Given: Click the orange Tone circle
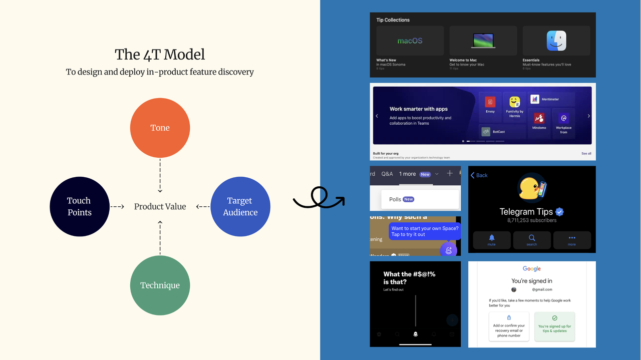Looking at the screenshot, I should point(160,128).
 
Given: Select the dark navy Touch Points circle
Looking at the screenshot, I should point(79,206).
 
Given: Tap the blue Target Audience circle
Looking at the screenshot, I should point(240,206).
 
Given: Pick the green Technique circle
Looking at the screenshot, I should point(160,285).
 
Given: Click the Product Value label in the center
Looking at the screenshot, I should point(160,206).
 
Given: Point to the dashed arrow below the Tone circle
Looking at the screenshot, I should point(160,176).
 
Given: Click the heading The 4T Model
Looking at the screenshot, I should point(160,54).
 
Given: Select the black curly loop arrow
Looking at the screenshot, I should point(318,198).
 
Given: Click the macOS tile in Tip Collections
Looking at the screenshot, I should point(410,41).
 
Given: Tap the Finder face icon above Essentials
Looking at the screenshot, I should point(556,41).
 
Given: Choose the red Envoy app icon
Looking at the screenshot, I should point(490,102).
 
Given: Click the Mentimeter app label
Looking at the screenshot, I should point(550,99).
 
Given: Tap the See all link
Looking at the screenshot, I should point(586,154).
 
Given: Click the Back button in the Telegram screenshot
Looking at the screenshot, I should point(479,175).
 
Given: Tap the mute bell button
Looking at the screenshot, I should point(491,240).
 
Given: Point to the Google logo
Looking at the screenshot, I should point(532,269).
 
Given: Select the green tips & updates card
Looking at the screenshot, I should point(554,326).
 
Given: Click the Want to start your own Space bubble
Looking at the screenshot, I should point(425,231).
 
